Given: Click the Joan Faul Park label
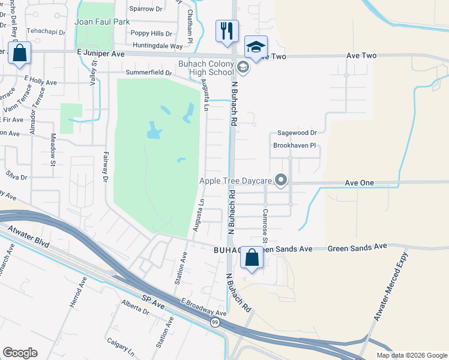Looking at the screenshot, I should point(94,22).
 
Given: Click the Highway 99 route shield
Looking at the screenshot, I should point(215,322).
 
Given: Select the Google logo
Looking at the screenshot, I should point(20,353).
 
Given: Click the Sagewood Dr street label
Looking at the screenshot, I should point(296,133).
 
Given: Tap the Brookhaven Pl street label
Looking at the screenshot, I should point(294,146).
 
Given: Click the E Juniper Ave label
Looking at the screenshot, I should point(100,53).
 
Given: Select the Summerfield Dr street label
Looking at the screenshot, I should point(148,73).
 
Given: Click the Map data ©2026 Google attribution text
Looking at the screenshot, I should point(411,355).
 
